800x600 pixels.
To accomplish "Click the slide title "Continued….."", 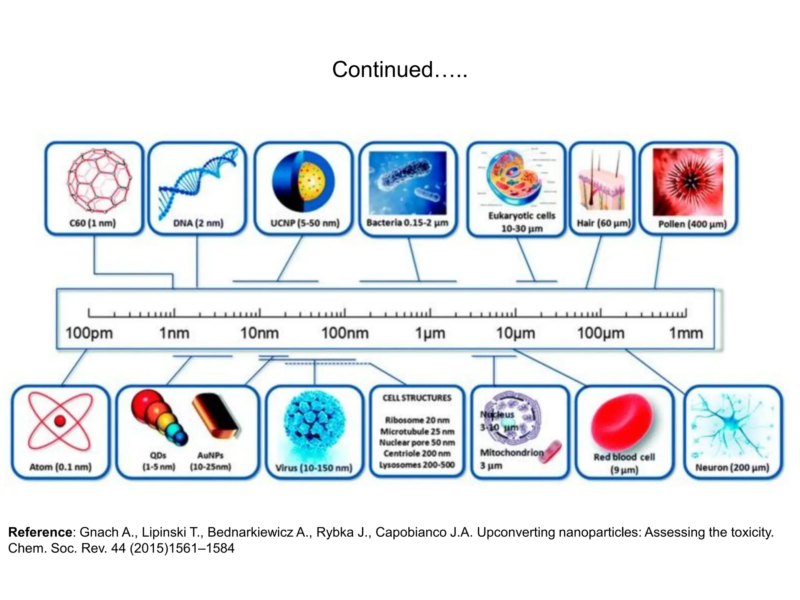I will [400, 70].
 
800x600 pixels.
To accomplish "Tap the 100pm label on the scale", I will [89, 333].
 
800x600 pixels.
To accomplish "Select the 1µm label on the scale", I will [430, 333].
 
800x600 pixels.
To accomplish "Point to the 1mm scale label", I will [686, 333].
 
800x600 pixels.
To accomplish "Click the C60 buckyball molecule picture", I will [99, 180].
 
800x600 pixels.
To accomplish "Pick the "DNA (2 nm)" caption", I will [198, 223].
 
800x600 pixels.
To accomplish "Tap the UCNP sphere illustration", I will [303, 181].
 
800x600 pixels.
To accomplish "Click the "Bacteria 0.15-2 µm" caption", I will [407, 223].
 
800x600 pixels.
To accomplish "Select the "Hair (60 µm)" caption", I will [604, 223].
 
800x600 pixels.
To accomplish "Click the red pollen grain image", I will [687, 182].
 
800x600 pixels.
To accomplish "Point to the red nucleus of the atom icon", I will [60, 421].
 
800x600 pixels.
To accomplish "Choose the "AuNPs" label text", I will [210, 455].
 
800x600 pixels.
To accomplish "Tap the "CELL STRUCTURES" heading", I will [417, 398].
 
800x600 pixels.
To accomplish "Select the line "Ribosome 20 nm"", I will [417, 420].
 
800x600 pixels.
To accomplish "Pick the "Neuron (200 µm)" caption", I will [732, 467].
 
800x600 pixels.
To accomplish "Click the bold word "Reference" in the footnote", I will [40, 532].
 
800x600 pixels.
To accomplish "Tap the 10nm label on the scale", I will [259, 333].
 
